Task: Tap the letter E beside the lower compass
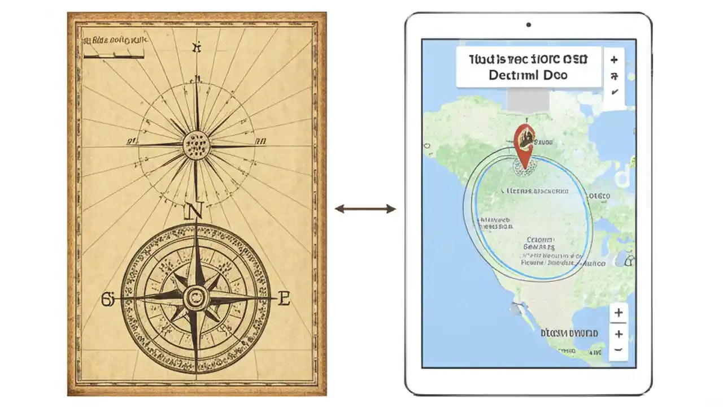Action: click(284, 298)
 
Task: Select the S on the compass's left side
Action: click(107, 298)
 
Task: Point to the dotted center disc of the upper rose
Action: click(196, 144)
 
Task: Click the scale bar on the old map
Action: click(113, 55)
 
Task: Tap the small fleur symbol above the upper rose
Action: click(197, 47)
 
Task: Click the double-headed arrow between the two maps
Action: click(365, 209)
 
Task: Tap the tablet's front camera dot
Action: click(528, 25)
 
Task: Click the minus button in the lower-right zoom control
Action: click(619, 349)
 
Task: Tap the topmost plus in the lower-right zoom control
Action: click(619, 313)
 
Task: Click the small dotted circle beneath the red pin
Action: click(524, 167)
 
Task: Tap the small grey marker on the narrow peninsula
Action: click(515, 309)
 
